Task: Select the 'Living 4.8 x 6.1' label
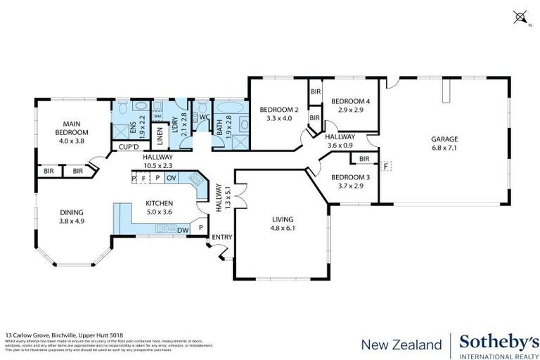[283, 224]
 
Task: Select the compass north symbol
[521, 15]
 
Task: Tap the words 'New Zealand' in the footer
[401, 345]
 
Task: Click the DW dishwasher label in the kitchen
[182, 229]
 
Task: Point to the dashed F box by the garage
[385, 166]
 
